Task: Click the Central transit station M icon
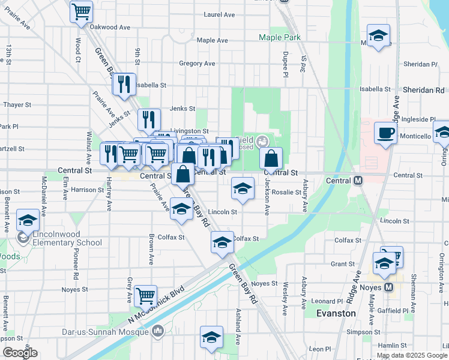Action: click(358, 180)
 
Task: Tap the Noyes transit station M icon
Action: click(388, 287)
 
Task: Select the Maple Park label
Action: click(279, 37)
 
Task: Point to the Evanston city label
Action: click(336, 313)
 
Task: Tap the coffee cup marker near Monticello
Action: click(385, 133)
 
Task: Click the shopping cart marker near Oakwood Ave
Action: click(81, 11)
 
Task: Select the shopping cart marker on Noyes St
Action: click(145, 296)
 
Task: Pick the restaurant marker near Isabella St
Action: click(124, 84)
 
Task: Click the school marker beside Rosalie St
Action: click(242, 190)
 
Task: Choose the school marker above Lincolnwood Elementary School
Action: click(28, 220)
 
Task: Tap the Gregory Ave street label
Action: click(197, 64)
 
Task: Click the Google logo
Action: click(20, 353)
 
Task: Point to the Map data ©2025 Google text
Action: click(412, 356)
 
